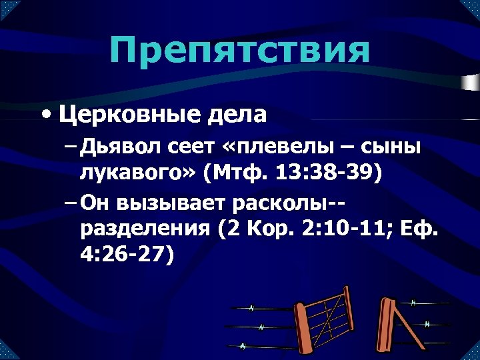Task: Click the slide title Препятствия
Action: (239, 51)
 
